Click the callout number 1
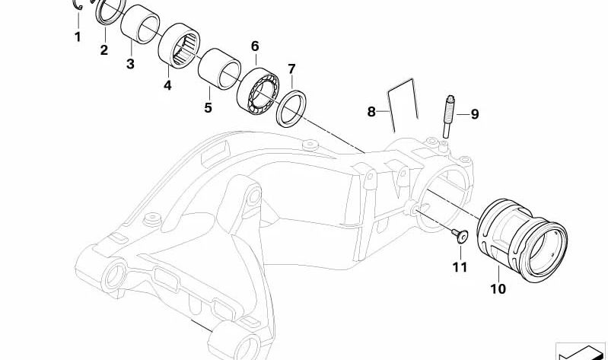(x=78, y=37)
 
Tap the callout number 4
(x=167, y=85)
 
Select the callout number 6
(x=255, y=46)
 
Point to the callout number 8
(x=371, y=112)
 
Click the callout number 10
(x=498, y=289)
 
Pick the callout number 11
(x=460, y=267)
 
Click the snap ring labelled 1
(x=78, y=5)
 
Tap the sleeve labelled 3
(x=140, y=24)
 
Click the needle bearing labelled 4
(x=179, y=46)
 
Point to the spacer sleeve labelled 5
(x=219, y=69)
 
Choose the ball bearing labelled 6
(x=258, y=91)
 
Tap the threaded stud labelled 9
(x=448, y=116)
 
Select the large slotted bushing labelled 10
(x=522, y=241)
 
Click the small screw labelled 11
(x=460, y=235)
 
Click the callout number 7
(x=291, y=69)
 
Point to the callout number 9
(x=475, y=114)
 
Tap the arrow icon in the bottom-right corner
(x=581, y=352)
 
